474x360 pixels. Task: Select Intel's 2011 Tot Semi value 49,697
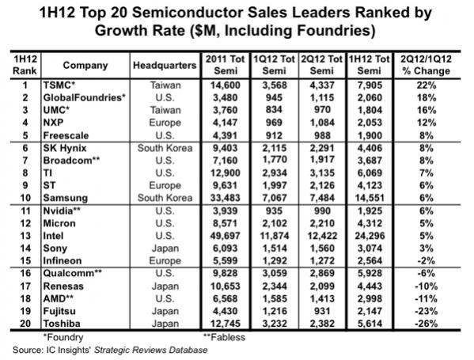click(226, 236)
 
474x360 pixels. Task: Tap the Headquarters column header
click(165, 66)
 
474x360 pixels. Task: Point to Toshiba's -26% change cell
click(427, 324)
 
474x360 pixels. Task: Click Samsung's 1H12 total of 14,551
click(370, 198)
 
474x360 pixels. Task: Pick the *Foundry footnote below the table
click(63, 337)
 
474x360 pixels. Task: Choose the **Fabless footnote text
click(224, 337)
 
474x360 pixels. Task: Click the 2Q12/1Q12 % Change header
click(426, 65)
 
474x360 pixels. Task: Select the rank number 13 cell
click(25, 236)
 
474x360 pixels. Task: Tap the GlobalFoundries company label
click(85, 97)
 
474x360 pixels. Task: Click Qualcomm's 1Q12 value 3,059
click(274, 273)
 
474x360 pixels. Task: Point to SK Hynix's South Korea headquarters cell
click(165, 148)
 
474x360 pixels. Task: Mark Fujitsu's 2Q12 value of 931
click(322, 311)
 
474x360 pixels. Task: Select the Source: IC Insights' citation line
click(110, 350)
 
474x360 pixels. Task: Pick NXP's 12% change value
click(427, 123)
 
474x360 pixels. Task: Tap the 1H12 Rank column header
click(25, 65)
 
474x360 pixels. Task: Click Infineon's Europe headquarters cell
click(165, 260)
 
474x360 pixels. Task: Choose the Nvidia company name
click(62, 210)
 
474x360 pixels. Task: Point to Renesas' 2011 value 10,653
click(226, 286)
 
